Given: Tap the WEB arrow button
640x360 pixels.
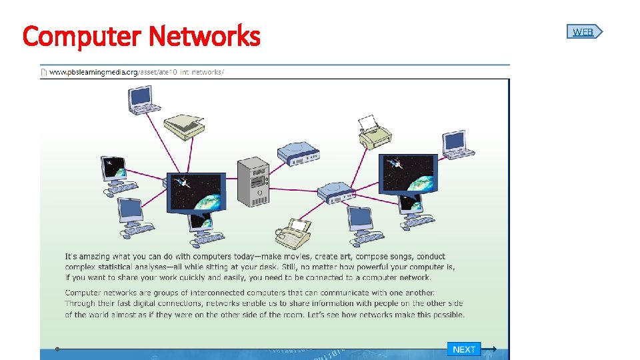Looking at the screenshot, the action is pyautogui.click(x=585, y=31).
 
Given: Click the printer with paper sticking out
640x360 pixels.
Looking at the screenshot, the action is pyautogui.click(x=374, y=132).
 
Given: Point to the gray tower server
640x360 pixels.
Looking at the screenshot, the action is pyautogui.click(x=253, y=181).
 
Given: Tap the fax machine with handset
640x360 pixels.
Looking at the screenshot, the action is pyautogui.click(x=293, y=233).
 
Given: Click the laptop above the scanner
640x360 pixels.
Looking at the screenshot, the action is pyautogui.click(x=145, y=99).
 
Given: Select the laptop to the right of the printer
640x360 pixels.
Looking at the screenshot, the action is pyautogui.click(x=457, y=145).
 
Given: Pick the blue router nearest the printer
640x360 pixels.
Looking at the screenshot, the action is pyautogui.click(x=298, y=154).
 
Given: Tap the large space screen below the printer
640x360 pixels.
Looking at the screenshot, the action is pyautogui.click(x=407, y=173).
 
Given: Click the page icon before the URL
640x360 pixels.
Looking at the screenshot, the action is pyautogui.click(x=44, y=72).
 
